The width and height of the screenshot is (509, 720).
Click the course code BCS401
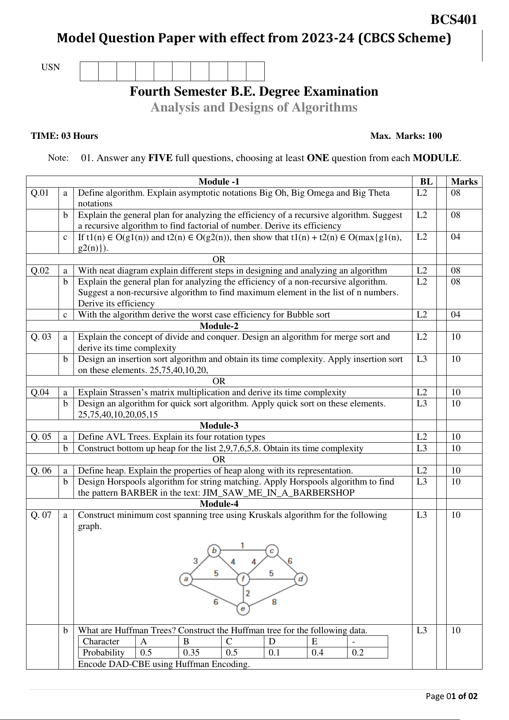(x=453, y=20)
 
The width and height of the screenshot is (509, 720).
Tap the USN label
(x=50, y=67)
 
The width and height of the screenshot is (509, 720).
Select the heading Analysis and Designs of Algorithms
(x=254, y=107)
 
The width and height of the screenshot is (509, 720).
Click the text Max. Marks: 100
(x=406, y=136)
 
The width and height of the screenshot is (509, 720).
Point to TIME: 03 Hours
(x=64, y=136)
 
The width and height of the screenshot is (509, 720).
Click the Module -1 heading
(x=219, y=182)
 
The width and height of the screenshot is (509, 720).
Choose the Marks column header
(x=464, y=182)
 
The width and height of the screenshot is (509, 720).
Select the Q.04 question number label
(x=40, y=392)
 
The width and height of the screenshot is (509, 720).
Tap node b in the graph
(x=214, y=551)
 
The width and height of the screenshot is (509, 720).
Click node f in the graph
(x=243, y=579)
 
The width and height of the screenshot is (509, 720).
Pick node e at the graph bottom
(x=243, y=608)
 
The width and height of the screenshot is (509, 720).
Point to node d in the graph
(x=301, y=579)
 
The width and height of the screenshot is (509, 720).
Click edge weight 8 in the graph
(x=274, y=601)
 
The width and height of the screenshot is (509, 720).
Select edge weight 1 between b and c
(x=242, y=545)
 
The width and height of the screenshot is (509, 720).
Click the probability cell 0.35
(x=191, y=652)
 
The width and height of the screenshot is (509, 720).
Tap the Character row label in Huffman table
(x=101, y=641)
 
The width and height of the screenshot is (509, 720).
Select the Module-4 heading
(x=219, y=504)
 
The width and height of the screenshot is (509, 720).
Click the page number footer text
(x=452, y=696)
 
